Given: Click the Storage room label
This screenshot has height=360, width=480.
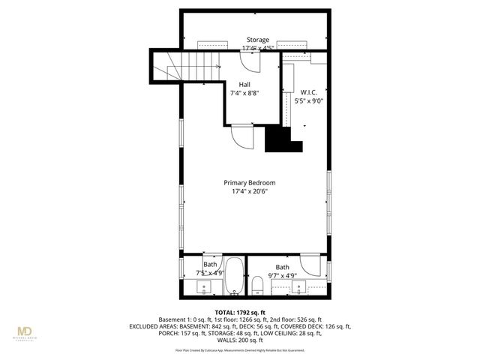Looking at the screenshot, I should [258, 40].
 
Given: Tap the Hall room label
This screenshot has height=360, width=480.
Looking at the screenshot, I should [245, 84].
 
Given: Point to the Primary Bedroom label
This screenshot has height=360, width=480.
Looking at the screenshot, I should [250, 182].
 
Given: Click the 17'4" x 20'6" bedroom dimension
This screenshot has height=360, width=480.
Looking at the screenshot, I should [250, 192].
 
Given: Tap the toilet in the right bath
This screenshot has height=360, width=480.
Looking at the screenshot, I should [257, 285].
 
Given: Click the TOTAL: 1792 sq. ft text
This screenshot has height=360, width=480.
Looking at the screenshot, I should [240, 312].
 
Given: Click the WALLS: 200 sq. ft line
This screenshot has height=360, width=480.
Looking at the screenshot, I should [240, 340].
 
